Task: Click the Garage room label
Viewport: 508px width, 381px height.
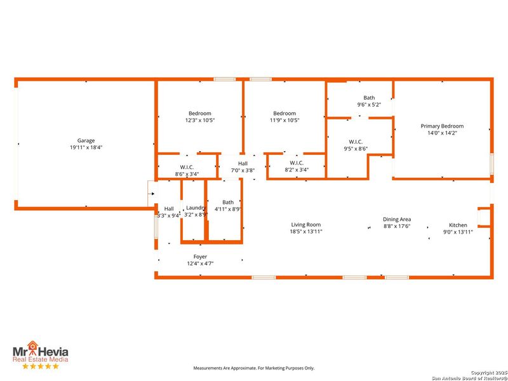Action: (86, 140)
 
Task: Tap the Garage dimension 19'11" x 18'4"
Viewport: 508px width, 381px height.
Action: (86, 147)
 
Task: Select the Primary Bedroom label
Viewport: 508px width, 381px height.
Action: (442, 126)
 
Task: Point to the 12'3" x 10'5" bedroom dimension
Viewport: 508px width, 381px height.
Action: (199, 120)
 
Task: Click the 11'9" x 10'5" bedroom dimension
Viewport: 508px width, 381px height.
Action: (284, 120)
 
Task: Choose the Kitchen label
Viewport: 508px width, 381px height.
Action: (458, 225)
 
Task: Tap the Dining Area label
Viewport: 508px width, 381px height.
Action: (397, 219)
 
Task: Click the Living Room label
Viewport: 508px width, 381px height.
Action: (306, 224)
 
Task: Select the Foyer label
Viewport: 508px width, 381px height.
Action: (200, 257)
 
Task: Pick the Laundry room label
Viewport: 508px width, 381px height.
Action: (196, 208)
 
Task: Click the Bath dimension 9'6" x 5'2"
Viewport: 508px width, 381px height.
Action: (369, 105)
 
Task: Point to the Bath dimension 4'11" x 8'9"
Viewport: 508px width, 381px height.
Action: (228, 209)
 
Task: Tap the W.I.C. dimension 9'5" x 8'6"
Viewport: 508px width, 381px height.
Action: (356, 149)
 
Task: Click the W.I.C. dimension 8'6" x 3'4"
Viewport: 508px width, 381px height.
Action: (187, 173)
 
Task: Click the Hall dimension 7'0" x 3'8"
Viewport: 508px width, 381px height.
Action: (243, 170)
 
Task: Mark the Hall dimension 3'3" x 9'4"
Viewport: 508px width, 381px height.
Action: (168, 215)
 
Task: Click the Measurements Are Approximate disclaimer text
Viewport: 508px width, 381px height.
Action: (254, 368)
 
